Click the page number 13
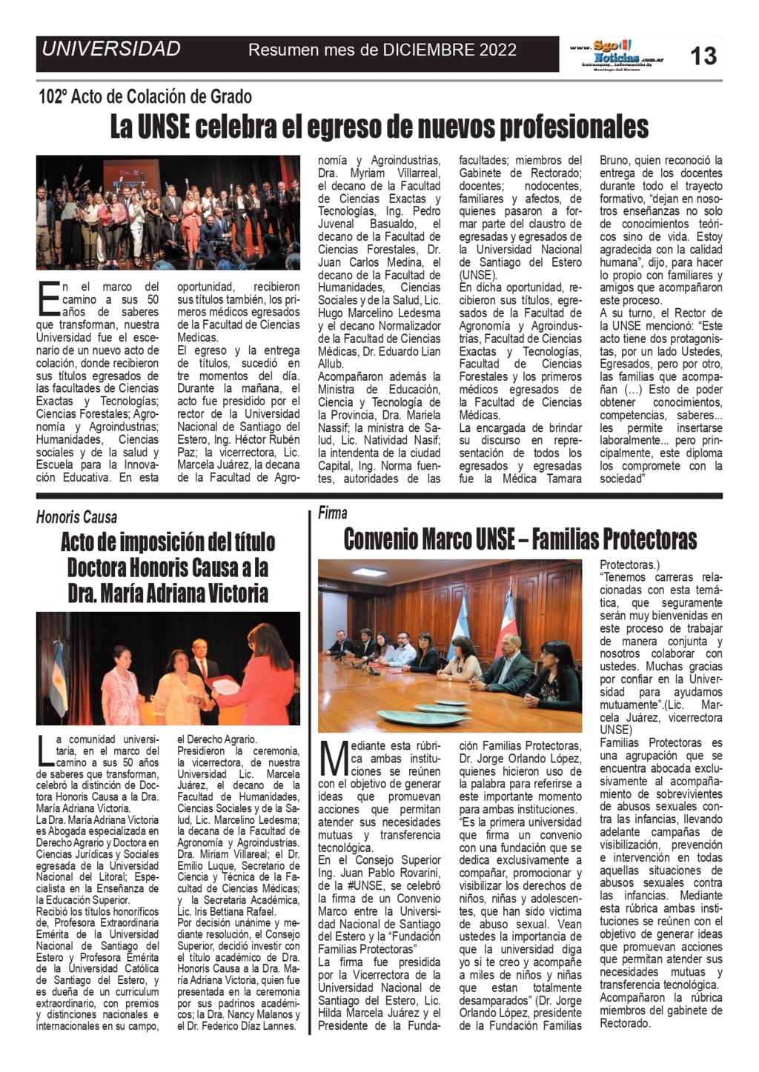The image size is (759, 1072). [x=703, y=55]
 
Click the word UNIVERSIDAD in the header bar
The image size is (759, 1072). [x=111, y=50]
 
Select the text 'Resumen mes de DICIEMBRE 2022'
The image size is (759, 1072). [x=382, y=50]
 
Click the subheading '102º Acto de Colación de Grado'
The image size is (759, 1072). [x=145, y=96]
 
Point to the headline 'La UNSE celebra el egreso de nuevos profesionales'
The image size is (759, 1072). [x=379, y=127]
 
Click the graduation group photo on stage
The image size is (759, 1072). [x=168, y=212]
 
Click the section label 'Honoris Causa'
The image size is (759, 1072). [x=76, y=517]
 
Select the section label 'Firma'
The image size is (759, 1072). [x=333, y=513]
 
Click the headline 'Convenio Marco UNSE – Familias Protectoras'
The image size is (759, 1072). [x=520, y=539]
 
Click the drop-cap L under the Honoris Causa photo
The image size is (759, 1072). [x=45, y=750]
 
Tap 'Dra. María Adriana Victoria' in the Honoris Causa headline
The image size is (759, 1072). [x=168, y=593]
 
